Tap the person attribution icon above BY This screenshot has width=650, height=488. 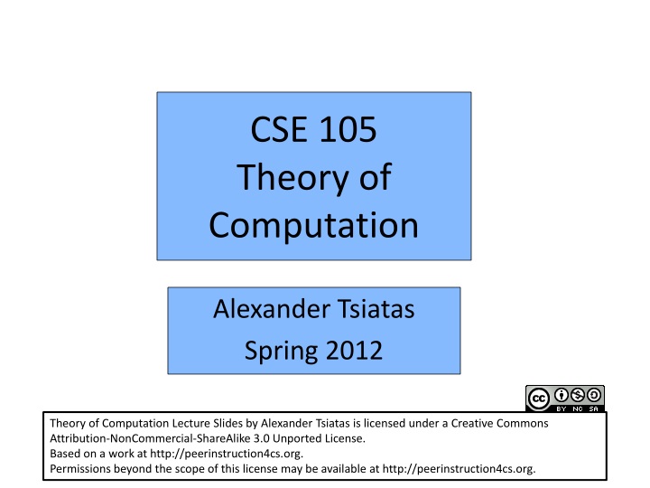click(x=562, y=394)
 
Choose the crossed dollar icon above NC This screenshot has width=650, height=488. click(x=578, y=394)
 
